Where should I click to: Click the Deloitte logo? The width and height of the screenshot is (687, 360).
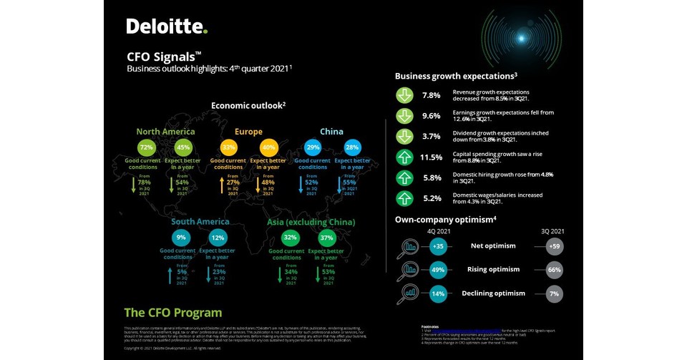pos(167,26)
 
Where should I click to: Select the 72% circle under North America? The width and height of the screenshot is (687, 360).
pos(147,147)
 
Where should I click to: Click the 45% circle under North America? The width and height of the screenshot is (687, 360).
pos(182,147)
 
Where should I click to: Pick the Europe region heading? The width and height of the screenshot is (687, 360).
pos(248,132)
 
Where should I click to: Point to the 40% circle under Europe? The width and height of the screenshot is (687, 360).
pos(269,147)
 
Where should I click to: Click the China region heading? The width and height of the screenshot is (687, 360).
pos(331,132)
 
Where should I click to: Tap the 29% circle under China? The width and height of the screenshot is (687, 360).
pos(313,147)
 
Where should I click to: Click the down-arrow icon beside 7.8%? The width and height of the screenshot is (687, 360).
pos(405,95)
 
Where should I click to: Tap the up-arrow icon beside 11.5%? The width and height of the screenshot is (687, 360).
pos(405,157)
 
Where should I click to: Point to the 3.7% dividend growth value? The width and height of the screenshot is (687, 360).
pos(431,136)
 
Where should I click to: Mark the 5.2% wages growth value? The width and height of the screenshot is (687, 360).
pos(431,198)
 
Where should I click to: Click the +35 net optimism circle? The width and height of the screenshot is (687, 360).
pos(439,247)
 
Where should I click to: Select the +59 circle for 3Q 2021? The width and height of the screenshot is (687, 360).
pos(554,247)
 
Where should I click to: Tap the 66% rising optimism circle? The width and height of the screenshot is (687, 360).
pos(554,271)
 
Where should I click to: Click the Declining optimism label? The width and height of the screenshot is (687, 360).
pos(493,293)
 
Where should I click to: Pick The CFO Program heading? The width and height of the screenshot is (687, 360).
pos(172,313)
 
